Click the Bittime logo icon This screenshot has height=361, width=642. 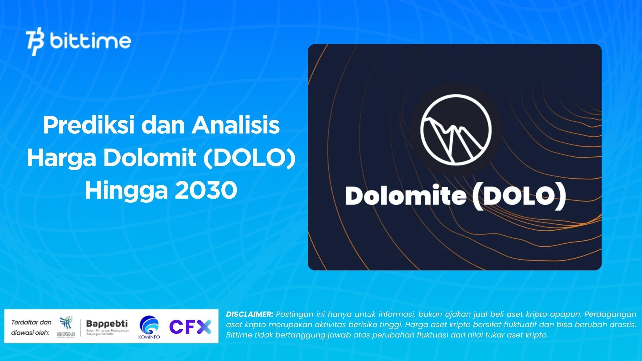pos(35,43)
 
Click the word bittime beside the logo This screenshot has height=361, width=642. pos(90,41)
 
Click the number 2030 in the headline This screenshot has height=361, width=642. pos(206,191)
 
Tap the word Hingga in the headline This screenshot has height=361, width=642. pos(127,191)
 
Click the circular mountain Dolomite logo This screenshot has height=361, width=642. pos(456,130)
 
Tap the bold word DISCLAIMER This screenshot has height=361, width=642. pos(250,314)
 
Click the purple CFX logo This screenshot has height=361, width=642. pos(190,327)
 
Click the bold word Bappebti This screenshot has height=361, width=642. pos(107,323)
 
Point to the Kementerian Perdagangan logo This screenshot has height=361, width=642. pos(66,326)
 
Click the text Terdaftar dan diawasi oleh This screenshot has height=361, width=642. pos(31,327)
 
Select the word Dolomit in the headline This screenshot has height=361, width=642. pos(150,159)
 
